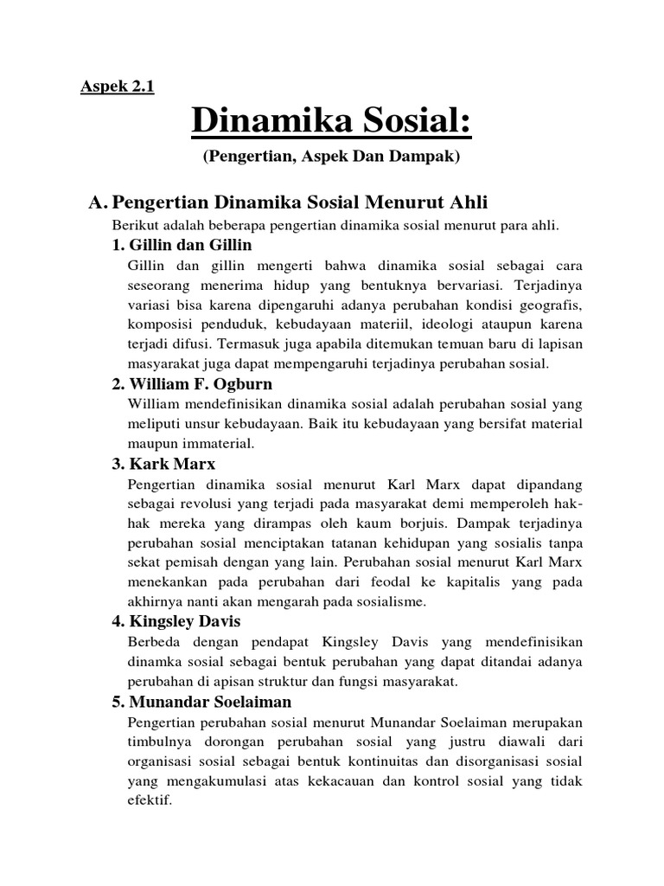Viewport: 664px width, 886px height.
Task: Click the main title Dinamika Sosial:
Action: click(x=332, y=122)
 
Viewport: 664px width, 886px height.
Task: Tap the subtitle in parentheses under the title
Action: click(x=332, y=157)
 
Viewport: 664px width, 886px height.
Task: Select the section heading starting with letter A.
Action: click(x=289, y=202)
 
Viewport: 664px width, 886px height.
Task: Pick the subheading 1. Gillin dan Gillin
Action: click(x=182, y=245)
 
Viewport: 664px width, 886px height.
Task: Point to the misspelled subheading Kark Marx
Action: click(x=165, y=464)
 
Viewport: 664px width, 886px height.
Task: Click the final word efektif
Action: click(x=148, y=800)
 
